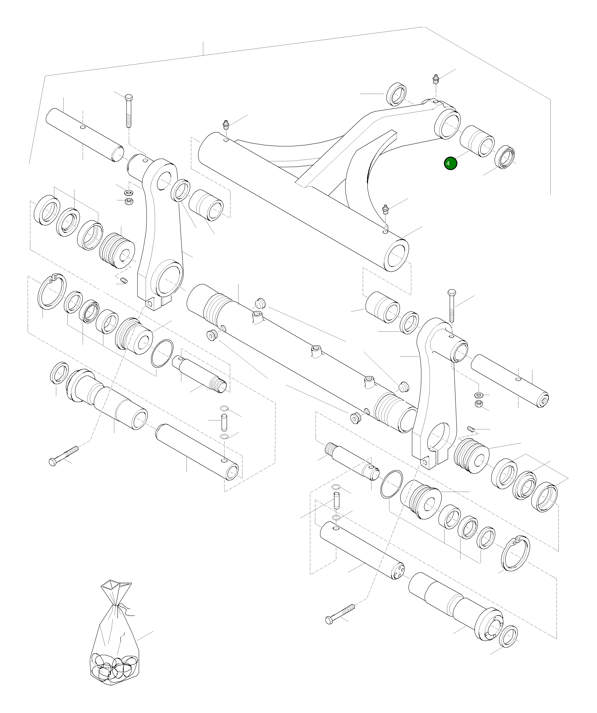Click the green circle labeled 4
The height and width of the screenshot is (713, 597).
pos(450,163)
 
